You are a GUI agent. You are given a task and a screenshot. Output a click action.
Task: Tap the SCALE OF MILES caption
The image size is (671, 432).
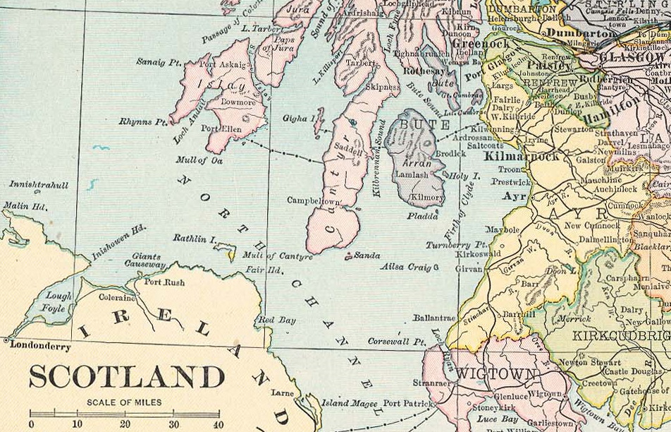click(x=124, y=402)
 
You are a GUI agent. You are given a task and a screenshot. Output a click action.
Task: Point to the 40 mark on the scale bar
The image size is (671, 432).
click(x=218, y=424)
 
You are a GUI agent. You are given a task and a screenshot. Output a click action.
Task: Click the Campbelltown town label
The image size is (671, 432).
click(x=313, y=201)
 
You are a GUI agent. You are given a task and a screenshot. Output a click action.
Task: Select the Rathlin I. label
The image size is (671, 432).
click(x=195, y=240)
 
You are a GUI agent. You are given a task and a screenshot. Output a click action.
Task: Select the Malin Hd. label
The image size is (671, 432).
click(x=24, y=206)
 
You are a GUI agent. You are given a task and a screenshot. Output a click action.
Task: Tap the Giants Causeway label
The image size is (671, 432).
click(x=145, y=261)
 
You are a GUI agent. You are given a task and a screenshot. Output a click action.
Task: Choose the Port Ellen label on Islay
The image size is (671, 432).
click(x=221, y=129)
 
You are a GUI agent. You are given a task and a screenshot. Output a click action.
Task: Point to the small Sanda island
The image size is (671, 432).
click(x=347, y=256)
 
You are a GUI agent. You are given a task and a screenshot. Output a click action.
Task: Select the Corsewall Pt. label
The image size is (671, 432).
click(x=397, y=342)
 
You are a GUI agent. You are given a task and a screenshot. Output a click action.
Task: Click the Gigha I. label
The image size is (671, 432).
click(x=297, y=118)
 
